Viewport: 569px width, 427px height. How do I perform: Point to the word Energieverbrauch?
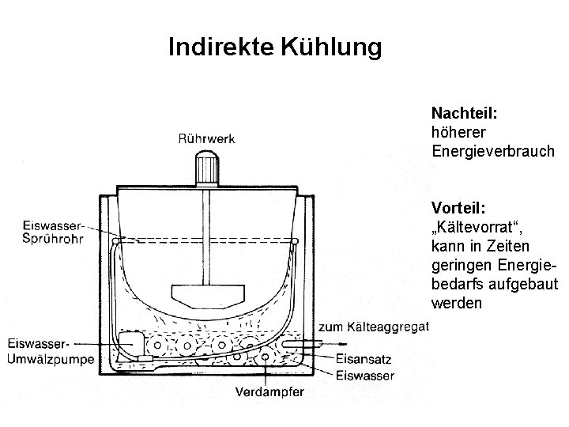[494, 150]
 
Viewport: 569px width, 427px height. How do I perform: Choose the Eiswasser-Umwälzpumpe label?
[50, 351]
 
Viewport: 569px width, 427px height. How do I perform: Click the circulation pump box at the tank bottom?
[130, 345]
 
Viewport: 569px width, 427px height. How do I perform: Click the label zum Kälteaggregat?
[373, 327]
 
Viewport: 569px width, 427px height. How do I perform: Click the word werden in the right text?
[454, 304]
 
